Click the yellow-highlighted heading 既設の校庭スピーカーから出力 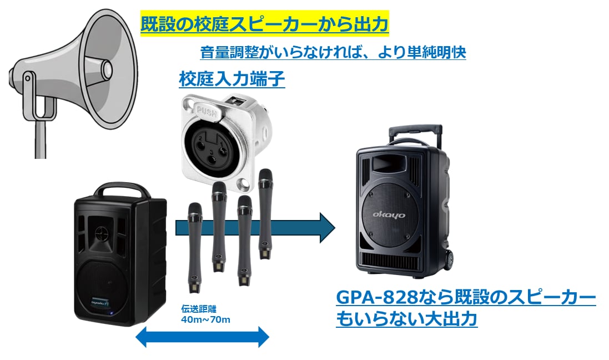pyautogui.click(x=264, y=25)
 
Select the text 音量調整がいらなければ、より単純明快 pyautogui.click(x=333, y=53)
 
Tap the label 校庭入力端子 pyautogui.click(x=231, y=79)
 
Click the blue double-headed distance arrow pyautogui.click(x=203, y=336)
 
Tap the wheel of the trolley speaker pyautogui.click(x=448, y=259)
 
